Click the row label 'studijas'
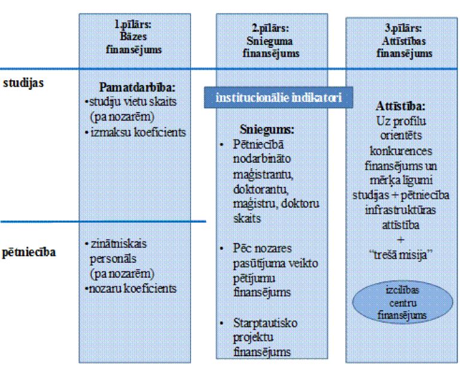tap(19, 83)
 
